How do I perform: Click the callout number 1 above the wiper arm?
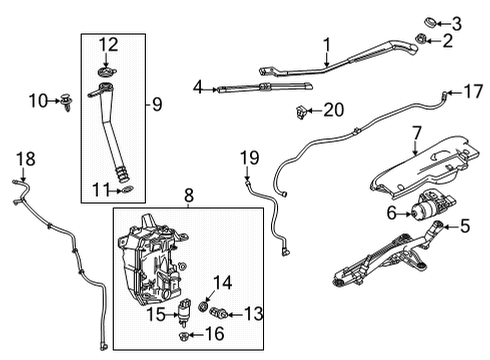(x=326, y=43)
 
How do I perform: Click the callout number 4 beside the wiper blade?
(x=198, y=88)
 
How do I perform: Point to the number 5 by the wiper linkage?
(x=464, y=227)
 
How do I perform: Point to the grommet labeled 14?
(x=206, y=302)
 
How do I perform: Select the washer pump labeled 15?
(x=185, y=317)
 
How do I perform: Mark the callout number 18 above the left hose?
(x=25, y=158)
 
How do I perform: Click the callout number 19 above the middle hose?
(x=249, y=157)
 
